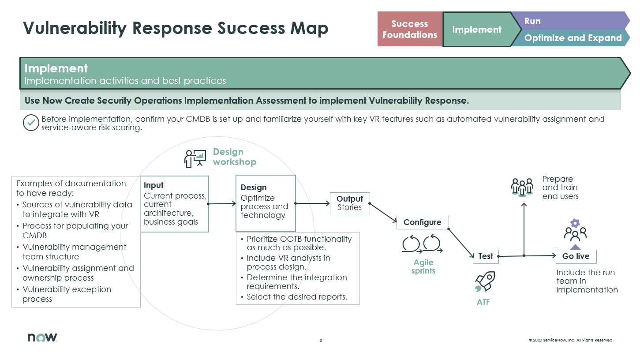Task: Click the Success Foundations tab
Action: click(409, 29)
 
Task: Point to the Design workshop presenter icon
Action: click(195, 158)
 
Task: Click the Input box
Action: click(174, 204)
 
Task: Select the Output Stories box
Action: click(350, 203)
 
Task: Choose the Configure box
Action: click(422, 222)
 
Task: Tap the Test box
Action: click(486, 256)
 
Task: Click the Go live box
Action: click(576, 256)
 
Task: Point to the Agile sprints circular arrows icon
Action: click(422, 244)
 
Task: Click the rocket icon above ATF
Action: click(485, 282)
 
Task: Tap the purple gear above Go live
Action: click(575, 223)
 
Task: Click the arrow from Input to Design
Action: click(222, 204)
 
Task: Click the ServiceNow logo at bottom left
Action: click(42, 337)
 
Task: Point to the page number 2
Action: click(321, 341)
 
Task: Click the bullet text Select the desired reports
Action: click(297, 297)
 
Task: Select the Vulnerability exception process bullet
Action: click(67, 294)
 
